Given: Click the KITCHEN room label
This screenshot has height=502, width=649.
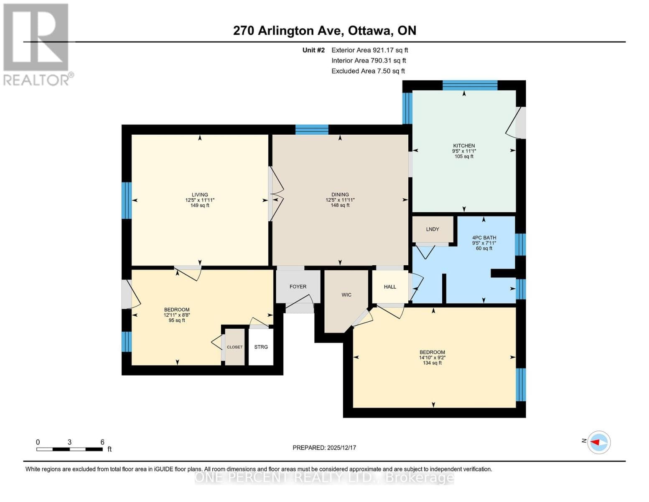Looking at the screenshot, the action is coord(464,146).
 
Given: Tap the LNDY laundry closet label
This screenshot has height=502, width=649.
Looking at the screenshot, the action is coord(433,229).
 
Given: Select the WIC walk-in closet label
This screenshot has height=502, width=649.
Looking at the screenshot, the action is coord(346,295).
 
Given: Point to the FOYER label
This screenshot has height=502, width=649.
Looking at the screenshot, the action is coord(298,287).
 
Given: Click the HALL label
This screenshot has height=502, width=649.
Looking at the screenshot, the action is coord(390,287).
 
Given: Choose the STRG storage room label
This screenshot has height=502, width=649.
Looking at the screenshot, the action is coord(261,347).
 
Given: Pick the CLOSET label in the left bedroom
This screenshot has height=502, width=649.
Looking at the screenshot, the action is coord(235,347).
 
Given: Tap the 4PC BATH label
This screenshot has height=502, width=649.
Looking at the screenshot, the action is coord(484,238).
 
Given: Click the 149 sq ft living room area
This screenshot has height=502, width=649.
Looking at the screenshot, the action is coord(200,205).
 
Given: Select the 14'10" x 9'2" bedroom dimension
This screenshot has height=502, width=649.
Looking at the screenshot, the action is coord(432,358).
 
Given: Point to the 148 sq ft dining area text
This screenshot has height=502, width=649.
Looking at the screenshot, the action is coord(340,205).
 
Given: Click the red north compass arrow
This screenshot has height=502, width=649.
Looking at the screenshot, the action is coord(595,442).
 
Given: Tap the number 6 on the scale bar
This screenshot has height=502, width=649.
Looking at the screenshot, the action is coord(102,442).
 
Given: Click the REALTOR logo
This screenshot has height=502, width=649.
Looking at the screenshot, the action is coord(37,45).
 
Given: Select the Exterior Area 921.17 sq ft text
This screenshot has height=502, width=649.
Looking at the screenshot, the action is coord(369,50).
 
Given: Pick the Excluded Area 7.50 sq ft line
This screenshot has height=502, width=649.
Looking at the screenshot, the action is coord(368,71).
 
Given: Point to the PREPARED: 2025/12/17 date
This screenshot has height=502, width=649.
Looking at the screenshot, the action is coord(324,448).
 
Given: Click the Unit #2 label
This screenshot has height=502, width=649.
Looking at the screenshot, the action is coord(313,50).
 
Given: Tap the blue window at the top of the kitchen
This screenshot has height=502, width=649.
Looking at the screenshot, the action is coord(470,85).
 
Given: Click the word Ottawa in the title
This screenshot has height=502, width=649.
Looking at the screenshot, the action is coord(369,31).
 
